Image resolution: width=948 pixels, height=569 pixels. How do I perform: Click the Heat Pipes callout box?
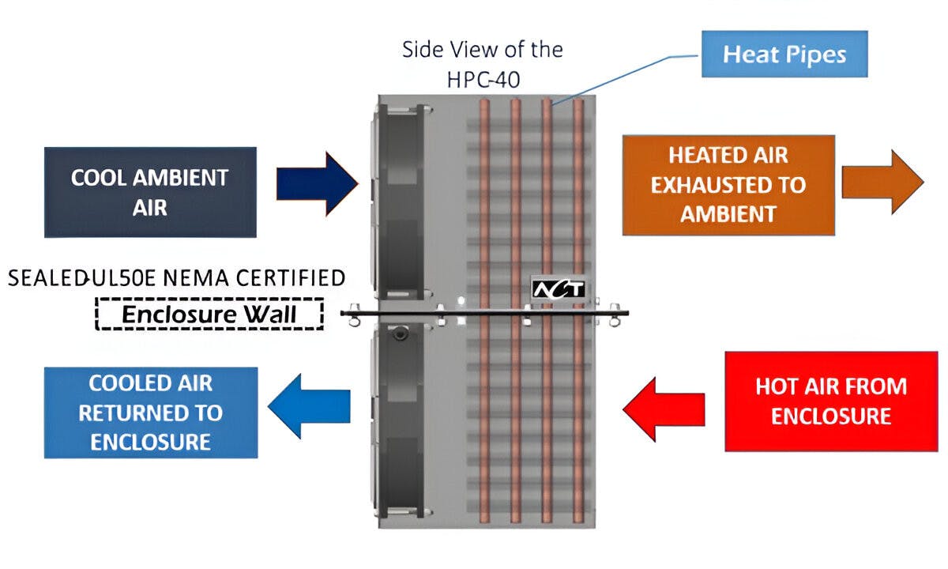pos(784,55)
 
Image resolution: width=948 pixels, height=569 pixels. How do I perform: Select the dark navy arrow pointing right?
pos(317,184)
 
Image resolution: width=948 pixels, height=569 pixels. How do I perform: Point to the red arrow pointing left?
pos(663,409)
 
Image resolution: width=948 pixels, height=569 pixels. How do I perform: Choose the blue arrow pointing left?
pos(309,405)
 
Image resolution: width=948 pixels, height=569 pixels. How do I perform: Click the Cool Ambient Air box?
pos(150,192)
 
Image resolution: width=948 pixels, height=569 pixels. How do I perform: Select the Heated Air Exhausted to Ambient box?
pos(728,185)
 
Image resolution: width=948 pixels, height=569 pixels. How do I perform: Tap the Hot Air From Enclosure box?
pos(831,401)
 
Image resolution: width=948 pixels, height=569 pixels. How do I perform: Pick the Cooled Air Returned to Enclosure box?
pos(150,413)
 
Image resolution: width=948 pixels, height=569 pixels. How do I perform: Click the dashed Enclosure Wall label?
pos(209,315)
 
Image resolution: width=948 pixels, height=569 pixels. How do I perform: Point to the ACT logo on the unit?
pos(558,289)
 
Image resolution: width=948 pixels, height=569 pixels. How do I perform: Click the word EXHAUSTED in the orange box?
pos(728,185)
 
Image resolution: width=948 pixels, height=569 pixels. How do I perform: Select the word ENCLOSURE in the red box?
pos(831,416)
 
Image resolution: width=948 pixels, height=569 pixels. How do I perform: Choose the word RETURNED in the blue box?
pos(150,413)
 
